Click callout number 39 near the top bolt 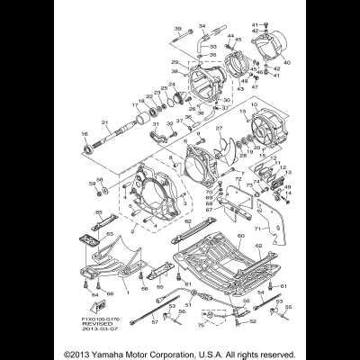click(x=177, y=29)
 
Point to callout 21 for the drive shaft click(x=104, y=122)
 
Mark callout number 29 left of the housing click(x=175, y=62)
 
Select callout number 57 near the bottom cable click(x=154, y=319)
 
